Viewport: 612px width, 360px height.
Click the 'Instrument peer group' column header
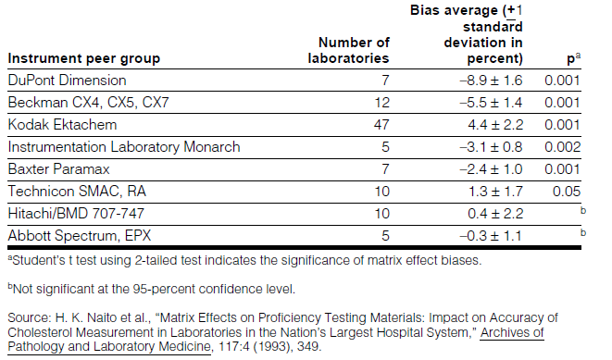[x=84, y=58]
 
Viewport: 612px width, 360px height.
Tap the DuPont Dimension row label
[x=68, y=81]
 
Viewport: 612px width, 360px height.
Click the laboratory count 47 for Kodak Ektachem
[x=381, y=125]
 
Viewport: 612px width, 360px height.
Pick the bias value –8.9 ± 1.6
[x=491, y=81]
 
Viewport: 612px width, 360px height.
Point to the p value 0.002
[x=563, y=147]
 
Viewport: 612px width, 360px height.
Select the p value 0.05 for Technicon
[x=567, y=192]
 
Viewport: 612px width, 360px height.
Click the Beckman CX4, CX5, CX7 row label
[x=89, y=103]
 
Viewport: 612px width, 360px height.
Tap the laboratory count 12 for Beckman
[x=381, y=103]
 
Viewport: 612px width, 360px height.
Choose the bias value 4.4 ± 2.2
[x=495, y=125]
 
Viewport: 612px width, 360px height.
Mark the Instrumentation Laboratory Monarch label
[x=124, y=147]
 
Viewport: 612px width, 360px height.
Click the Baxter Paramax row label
[x=58, y=169]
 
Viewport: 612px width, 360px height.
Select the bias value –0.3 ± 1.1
[x=491, y=236]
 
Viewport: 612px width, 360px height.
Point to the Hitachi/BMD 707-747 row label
[x=76, y=214]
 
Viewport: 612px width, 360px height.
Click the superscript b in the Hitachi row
[x=583, y=211]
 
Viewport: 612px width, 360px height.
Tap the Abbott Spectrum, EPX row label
[x=80, y=236]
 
